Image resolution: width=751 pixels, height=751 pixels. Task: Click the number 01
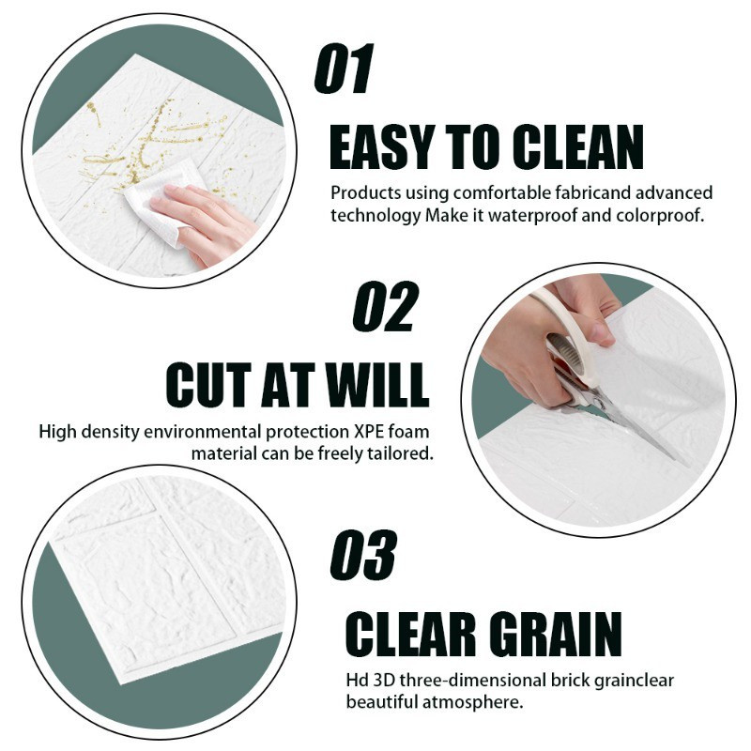[344, 69]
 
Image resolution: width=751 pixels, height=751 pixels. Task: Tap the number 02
[385, 307]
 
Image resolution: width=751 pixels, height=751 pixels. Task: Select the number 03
[363, 555]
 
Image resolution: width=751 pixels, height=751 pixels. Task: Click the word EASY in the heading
[383, 146]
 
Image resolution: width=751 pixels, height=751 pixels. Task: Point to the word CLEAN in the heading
[577, 146]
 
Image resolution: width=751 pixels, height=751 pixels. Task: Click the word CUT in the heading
[208, 385]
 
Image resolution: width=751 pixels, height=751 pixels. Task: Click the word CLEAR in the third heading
[410, 635]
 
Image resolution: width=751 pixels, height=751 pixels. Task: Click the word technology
[375, 216]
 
